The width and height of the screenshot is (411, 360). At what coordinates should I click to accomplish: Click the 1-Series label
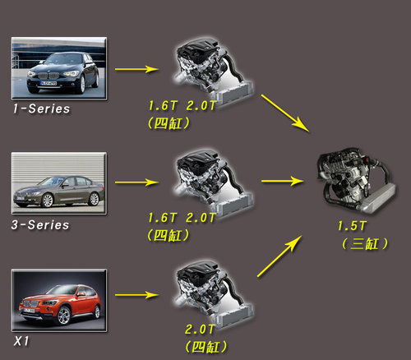41,108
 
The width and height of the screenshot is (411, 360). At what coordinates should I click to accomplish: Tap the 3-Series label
40,225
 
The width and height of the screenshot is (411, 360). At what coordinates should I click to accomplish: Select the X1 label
21,341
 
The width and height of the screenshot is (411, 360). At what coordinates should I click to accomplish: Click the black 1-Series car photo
59,68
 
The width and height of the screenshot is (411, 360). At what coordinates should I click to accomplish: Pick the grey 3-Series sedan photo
59,183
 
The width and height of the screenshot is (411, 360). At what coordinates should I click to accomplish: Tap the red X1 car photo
59,301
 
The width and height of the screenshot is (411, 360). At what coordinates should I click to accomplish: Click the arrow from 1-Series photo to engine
136,69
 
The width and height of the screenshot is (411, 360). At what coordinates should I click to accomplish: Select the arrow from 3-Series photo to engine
136,182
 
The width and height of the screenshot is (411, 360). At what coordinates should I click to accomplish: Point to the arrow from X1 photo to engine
136,295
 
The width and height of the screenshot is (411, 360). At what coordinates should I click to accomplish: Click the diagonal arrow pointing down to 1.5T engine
285,113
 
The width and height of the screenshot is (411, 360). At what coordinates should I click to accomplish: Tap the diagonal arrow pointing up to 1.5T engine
279,256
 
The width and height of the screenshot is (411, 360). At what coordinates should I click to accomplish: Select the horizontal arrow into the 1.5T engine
283,181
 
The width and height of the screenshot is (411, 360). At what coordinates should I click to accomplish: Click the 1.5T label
352,226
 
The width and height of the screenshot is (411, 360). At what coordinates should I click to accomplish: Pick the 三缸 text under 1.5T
364,243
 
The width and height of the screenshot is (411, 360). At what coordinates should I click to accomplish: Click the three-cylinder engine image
356,181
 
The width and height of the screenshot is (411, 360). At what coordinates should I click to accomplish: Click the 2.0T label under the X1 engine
199,330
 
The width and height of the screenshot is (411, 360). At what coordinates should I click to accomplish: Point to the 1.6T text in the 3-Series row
162,218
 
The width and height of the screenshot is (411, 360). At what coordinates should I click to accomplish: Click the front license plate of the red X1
29,311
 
